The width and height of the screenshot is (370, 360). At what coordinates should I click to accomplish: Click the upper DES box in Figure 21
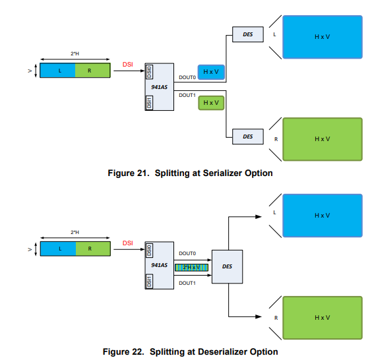pos(247,34)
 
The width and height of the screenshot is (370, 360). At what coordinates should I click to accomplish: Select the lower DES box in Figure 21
pos(247,136)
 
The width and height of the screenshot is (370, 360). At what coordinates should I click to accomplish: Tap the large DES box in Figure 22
pos(228,266)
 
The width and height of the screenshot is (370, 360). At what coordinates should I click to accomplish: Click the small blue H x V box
pos(211,72)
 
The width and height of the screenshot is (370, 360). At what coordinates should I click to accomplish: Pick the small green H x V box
pos(211,103)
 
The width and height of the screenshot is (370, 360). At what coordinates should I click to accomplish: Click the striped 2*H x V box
pos(191,267)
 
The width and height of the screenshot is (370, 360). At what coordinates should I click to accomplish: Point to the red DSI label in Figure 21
pos(128,64)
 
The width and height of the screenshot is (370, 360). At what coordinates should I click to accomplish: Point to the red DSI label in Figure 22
pos(128,243)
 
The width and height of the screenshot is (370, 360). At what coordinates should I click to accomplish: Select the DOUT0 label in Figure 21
pos(187,77)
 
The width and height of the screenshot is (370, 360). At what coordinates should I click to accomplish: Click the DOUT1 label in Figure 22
pos(187,283)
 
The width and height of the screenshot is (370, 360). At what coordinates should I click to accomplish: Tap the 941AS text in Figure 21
pos(159,86)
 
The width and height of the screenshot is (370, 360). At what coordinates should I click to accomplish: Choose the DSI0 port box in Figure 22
pos(150,251)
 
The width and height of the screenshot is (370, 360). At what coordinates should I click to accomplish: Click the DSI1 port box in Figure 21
pos(150,103)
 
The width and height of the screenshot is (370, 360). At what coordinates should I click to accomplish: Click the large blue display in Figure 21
pos(323,37)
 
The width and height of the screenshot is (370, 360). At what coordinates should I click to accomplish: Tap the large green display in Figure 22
pos(323,318)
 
